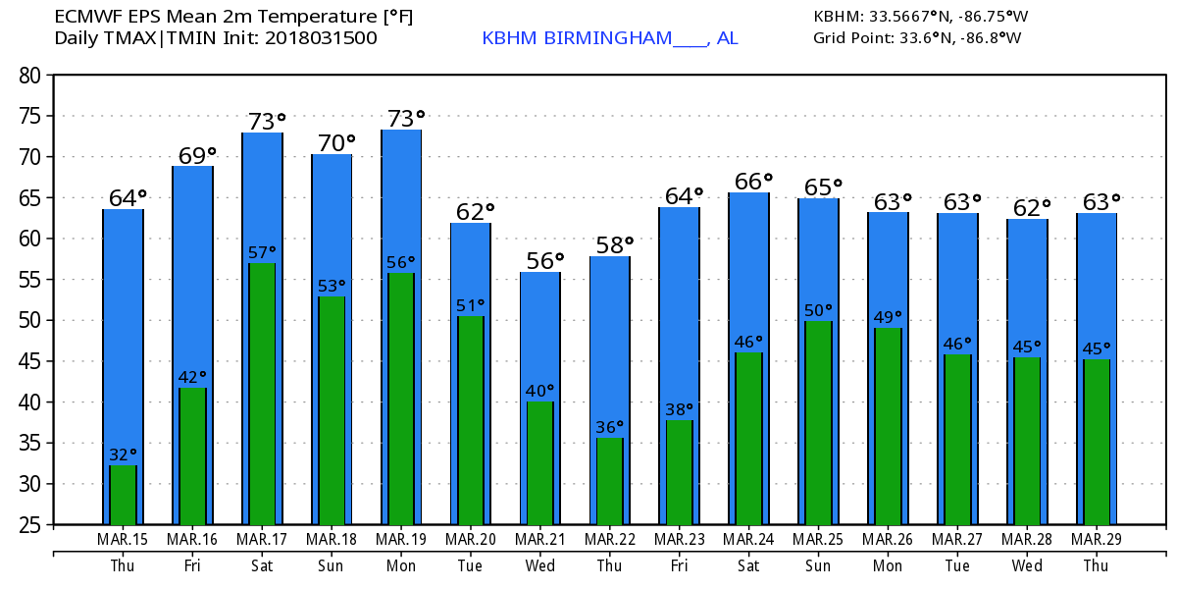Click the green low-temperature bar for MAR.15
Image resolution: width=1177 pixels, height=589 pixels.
[x=123, y=495]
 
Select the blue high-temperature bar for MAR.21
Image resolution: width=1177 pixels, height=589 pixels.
[x=540, y=334]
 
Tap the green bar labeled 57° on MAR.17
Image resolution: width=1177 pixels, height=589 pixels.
[x=262, y=393]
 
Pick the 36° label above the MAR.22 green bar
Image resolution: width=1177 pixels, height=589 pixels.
[x=610, y=427]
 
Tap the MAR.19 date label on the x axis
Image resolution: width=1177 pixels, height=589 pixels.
[x=401, y=539]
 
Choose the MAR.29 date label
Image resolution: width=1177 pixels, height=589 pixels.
[x=1096, y=539]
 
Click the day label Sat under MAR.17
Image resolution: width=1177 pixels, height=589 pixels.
[x=262, y=565]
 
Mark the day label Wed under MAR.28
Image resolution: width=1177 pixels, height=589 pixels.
[x=1026, y=565]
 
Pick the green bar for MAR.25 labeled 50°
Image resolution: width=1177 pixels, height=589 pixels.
[x=819, y=422]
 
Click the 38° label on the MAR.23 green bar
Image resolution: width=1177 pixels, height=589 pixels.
[x=680, y=409]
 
